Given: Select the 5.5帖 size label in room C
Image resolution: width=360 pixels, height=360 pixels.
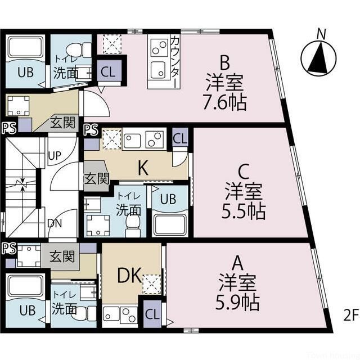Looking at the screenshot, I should point(243,211).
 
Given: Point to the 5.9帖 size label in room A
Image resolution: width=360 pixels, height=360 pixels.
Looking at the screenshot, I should point(237,303).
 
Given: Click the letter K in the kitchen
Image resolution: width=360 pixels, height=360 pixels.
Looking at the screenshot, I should point(143,167).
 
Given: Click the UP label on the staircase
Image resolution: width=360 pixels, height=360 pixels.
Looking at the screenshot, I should point(55,154).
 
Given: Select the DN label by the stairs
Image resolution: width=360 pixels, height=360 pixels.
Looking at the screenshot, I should point(55,223).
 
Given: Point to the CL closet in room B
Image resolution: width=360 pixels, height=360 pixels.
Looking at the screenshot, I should point(108,71).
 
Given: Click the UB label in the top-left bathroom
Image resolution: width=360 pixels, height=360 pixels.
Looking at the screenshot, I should point(24,72).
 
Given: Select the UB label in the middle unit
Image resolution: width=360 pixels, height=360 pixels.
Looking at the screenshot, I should point(167,198).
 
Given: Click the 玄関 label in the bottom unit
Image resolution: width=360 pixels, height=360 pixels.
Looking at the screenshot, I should point(61,257).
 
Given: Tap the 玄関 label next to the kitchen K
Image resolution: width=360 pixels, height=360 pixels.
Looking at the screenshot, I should point(96,179).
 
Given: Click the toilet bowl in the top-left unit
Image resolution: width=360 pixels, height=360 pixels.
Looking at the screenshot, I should point(83,49).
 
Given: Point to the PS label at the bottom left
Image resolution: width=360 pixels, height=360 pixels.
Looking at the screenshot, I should point(8,248).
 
